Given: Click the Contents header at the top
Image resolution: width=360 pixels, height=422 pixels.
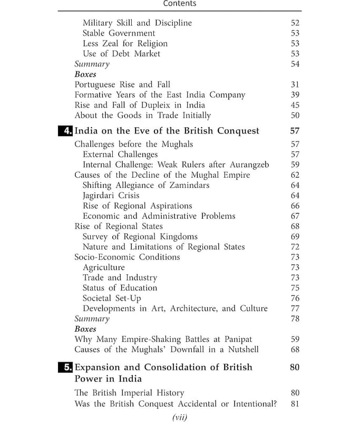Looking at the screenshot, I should pos(180,4).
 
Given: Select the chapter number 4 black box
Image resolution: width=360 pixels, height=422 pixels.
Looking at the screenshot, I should pos(65,131).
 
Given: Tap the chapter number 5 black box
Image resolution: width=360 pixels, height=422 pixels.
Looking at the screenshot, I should pos(65,367).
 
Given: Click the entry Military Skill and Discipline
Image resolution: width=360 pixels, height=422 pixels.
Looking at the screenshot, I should pos(137,23).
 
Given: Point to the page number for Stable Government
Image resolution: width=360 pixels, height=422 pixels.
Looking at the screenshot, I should pos(295,33).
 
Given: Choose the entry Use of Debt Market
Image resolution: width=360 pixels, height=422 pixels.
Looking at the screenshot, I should pos(121,54).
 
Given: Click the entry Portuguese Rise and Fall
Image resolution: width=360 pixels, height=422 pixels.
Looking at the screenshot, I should pos(122,84).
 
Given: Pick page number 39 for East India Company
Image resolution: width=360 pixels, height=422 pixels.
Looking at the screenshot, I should pos(295,95).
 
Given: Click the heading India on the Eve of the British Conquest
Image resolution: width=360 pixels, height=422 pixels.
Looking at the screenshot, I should pos(167,131).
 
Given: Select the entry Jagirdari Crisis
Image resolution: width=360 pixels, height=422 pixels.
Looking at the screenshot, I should pos(111,196).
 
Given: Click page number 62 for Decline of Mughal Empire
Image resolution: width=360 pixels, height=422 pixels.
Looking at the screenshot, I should pos(295,175).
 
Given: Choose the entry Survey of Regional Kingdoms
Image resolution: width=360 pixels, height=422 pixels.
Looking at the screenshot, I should pos(140,237).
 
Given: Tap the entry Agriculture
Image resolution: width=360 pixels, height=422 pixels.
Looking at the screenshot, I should pos(103,267).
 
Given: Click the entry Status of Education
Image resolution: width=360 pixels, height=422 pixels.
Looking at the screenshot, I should pos(120,288).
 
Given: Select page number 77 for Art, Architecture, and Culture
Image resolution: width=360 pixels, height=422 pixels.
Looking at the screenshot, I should pos(295,309).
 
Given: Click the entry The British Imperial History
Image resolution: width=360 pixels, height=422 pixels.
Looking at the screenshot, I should pos(129,393).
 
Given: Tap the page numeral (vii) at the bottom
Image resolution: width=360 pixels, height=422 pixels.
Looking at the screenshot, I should pos(180,417).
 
